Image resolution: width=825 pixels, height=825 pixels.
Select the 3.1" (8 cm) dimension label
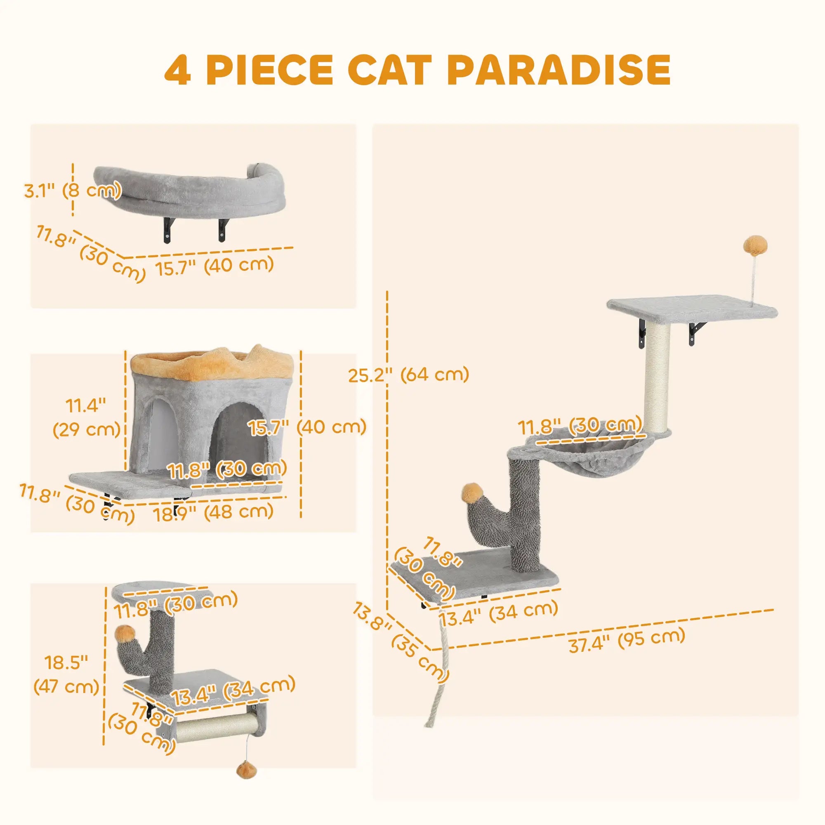pyautogui.click(x=71, y=191)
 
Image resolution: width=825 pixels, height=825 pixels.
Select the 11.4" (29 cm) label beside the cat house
pyautogui.click(x=85, y=416)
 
